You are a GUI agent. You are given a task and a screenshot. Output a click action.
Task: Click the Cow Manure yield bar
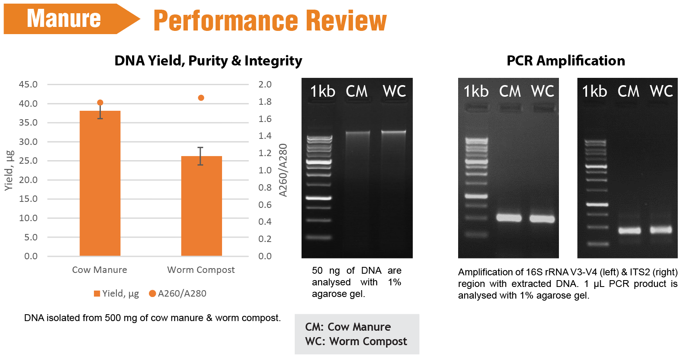100,183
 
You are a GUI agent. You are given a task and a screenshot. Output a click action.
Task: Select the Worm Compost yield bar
202,206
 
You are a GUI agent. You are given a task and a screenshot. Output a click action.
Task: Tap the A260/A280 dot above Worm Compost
201,98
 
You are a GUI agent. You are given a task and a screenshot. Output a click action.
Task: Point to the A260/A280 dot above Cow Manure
100,103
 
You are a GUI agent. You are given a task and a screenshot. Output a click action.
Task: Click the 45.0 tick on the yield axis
28,84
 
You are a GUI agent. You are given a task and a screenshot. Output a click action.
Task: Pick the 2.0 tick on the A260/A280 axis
265,84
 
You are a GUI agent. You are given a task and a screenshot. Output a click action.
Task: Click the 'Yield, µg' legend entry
116,294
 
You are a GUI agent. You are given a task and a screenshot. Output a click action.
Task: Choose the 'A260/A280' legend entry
177,294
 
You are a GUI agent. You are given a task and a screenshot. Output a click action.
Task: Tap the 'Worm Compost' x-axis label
201,270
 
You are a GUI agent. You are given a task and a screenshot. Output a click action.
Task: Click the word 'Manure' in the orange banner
63,18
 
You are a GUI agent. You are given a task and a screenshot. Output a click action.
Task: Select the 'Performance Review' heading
270,20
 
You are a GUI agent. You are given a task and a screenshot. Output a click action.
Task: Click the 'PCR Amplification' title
566,61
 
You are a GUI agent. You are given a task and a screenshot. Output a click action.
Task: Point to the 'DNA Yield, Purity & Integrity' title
208,61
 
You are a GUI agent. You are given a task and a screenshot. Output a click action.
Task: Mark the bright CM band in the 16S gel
509,218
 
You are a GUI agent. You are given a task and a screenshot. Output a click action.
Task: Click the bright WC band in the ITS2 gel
661,230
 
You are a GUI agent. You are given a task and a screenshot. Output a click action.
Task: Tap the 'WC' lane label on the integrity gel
394,91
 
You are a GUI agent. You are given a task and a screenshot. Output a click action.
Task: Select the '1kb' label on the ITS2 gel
594,91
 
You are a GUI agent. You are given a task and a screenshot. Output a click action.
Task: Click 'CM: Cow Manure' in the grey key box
348,327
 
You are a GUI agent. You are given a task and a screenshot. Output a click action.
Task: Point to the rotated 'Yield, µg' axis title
9,171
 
